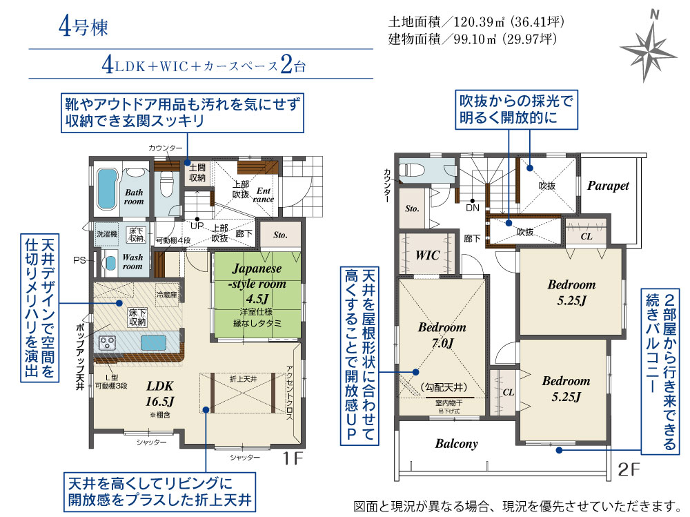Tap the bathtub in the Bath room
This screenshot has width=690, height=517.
click(x=106, y=189)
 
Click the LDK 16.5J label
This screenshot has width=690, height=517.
click(x=160, y=393)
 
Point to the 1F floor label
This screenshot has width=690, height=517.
click(x=293, y=458)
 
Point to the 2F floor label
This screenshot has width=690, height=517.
click(x=629, y=469)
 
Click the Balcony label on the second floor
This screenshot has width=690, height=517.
click(x=456, y=443)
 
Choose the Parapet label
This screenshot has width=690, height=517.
click(x=608, y=186)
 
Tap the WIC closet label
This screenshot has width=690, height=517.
click(x=427, y=255)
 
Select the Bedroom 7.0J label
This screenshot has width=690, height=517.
click(x=442, y=335)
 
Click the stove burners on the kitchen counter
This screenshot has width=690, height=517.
click(x=108, y=343)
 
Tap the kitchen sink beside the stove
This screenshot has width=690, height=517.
click(x=153, y=342)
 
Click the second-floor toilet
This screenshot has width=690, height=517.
click(x=411, y=170)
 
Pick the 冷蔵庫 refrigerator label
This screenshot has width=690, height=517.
click(x=167, y=294)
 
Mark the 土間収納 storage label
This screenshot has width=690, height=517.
click(x=197, y=173)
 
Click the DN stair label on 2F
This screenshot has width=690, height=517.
click(x=473, y=208)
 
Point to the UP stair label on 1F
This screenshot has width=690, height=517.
click(x=197, y=226)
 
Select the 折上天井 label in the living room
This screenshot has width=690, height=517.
click(x=244, y=379)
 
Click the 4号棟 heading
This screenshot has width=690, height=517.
click(x=83, y=27)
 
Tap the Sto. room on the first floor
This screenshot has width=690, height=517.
click(x=280, y=235)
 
